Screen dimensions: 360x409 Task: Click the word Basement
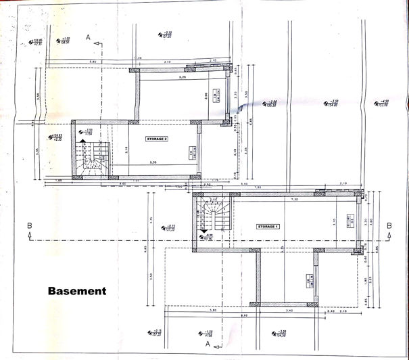(x=77, y=292)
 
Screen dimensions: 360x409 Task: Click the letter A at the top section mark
(x=89, y=39)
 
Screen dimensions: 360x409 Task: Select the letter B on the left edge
(x=28, y=226)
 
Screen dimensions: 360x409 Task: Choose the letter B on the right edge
(x=389, y=226)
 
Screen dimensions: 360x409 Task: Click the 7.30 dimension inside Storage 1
(x=294, y=200)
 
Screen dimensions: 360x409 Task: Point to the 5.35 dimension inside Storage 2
(x=157, y=163)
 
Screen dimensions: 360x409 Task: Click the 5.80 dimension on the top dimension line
(x=93, y=62)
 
